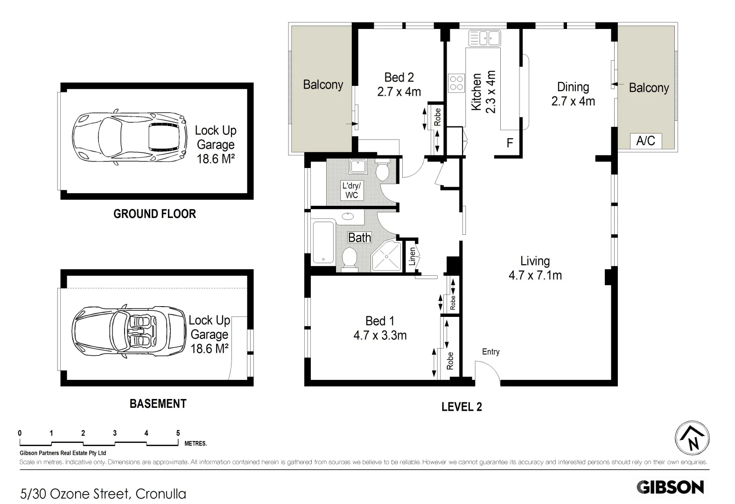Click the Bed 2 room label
click(x=399, y=77)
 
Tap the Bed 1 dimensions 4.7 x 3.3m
click(x=380, y=336)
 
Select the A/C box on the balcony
click(x=645, y=140)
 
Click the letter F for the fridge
click(x=510, y=143)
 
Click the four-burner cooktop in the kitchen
click(x=456, y=83)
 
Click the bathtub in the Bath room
click(x=322, y=243)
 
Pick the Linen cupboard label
click(x=412, y=257)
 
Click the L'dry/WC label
click(x=351, y=190)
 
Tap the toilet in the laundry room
click(x=383, y=170)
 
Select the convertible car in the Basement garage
click(x=129, y=332)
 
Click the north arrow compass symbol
click(x=693, y=438)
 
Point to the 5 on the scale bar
click(x=178, y=434)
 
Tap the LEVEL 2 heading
click(x=461, y=407)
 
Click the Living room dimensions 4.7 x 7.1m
click(x=535, y=276)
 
